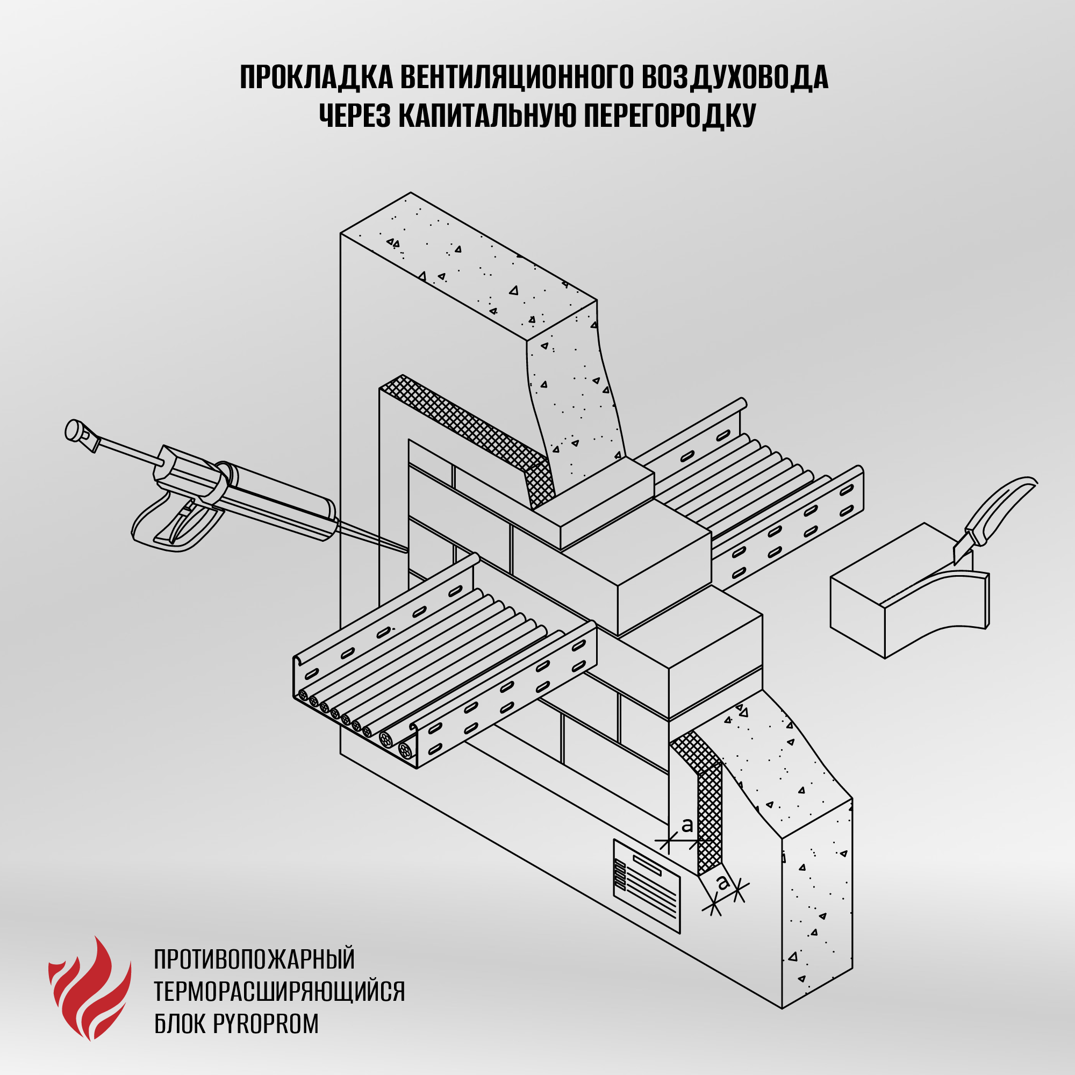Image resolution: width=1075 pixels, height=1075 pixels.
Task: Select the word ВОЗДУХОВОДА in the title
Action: tap(734, 77)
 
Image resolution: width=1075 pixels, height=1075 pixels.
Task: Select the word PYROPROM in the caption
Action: tap(266, 1023)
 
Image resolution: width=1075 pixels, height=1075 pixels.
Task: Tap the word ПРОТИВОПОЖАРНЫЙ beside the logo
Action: tap(254, 959)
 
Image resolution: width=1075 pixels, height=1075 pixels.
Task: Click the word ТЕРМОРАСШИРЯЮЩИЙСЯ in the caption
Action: tap(279, 991)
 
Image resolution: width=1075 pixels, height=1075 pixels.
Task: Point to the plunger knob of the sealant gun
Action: tap(74, 430)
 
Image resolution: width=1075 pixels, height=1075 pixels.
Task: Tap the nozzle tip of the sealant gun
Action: tap(406, 550)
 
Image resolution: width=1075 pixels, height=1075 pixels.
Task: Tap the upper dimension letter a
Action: tap(687, 826)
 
